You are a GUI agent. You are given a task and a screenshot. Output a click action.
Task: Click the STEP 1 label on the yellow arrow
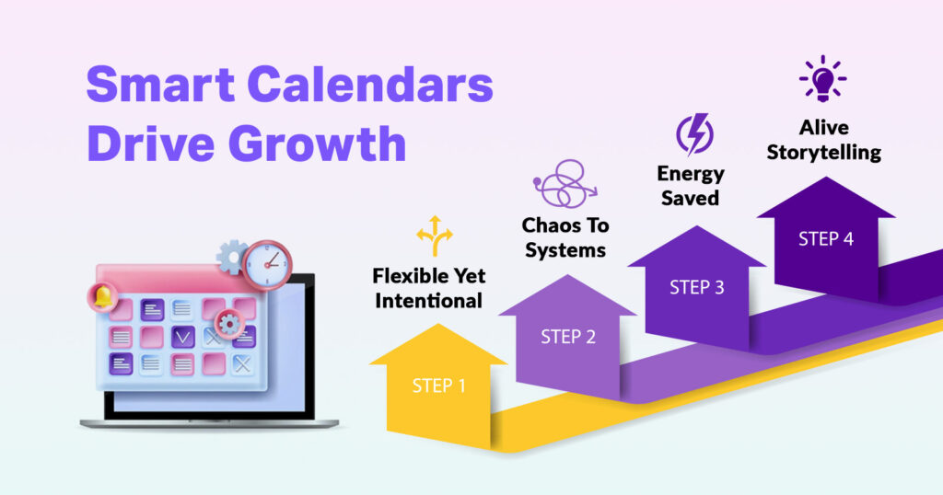tap(438, 386)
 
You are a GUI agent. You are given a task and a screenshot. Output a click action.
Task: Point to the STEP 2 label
tap(568, 337)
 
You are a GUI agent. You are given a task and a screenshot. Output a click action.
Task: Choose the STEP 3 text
tap(696, 287)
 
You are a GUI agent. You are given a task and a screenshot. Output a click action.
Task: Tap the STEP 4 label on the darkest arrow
tap(826, 238)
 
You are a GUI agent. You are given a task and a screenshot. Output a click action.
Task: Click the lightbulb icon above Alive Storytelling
tap(822, 79)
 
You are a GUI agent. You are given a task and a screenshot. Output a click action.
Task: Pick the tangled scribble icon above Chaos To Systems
tap(563, 186)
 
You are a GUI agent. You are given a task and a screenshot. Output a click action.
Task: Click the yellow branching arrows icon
tap(435, 236)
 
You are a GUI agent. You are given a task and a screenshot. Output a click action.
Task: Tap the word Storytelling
tap(823, 152)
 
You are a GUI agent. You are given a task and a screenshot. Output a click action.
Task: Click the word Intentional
tap(427, 300)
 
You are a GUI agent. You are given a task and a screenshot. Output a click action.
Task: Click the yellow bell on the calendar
tap(102, 297)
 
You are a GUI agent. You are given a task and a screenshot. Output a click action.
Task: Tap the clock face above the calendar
tap(267, 265)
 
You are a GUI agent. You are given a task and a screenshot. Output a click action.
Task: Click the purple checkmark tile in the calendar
tap(183, 337)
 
